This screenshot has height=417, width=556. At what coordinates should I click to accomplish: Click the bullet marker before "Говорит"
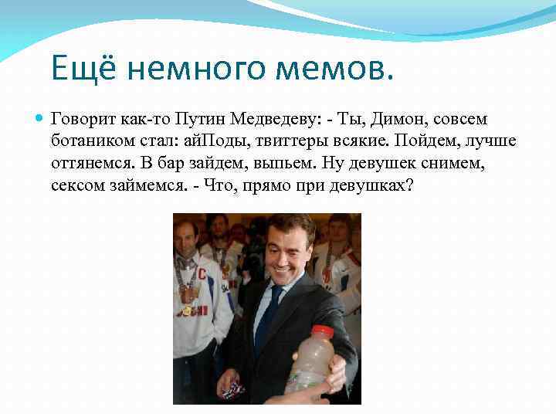(39, 120)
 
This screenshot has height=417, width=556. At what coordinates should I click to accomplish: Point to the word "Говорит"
(83, 120)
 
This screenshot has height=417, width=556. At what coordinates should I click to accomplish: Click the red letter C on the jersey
(202, 274)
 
